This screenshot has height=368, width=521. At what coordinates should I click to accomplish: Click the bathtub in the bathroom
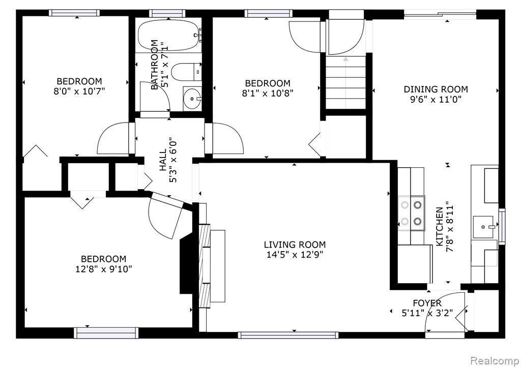(169, 36)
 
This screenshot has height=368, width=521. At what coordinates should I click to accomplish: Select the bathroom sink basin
(192, 98)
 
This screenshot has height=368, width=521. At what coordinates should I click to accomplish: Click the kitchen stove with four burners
(411, 213)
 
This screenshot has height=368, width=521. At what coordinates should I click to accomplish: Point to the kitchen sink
(486, 227)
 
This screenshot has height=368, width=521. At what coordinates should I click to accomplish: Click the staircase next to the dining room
(345, 82)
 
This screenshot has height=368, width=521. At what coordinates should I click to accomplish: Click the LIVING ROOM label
(295, 245)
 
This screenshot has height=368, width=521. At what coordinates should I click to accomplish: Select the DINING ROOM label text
(436, 89)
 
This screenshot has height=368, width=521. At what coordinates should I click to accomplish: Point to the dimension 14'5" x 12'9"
(295, 255)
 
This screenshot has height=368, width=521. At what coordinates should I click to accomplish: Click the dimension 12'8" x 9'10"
(104, 269)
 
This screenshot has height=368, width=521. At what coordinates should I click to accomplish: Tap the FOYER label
(427, 303)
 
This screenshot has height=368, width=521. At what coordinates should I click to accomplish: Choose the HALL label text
(163, 160)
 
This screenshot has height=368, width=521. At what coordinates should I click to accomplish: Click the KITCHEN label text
(439, 227)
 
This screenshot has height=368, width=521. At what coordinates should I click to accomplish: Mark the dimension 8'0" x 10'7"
(79, 91)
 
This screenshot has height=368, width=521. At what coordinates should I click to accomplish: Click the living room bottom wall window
(288, 335)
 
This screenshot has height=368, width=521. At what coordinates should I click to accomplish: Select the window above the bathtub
(167, 13)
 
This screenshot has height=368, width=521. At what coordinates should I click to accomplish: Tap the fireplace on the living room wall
(205, 266)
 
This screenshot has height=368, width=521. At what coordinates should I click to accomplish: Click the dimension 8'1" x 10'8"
(268, 93)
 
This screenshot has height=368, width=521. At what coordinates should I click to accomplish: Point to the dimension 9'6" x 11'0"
(436, 99)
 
